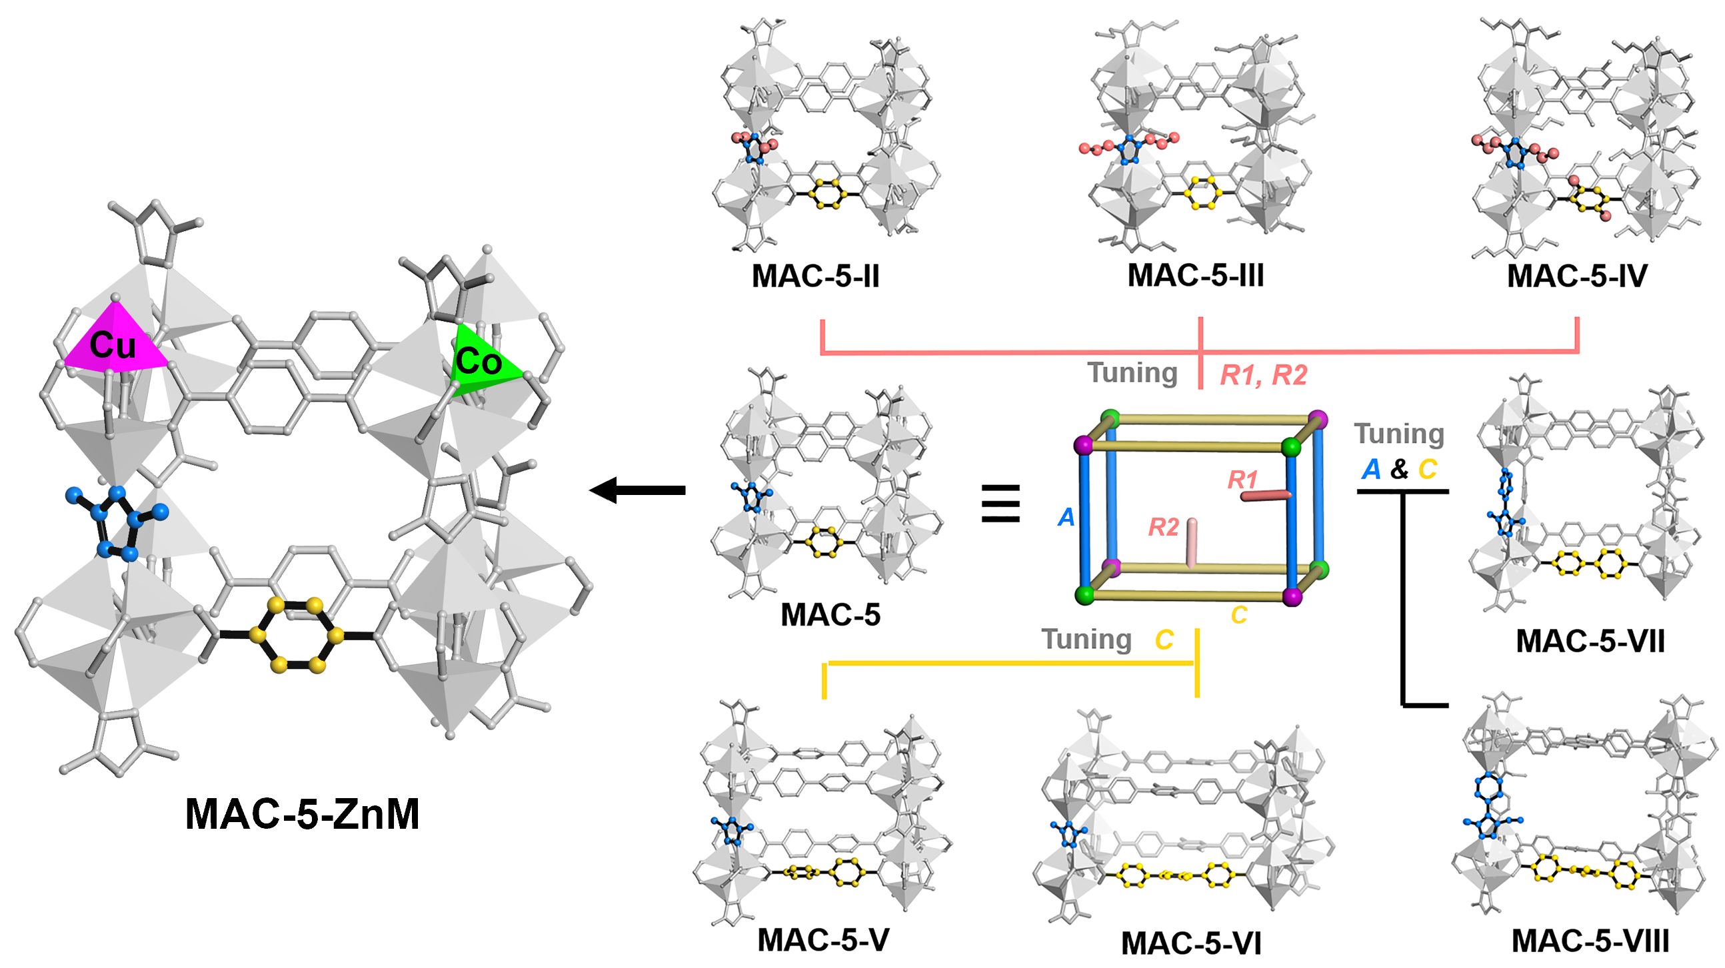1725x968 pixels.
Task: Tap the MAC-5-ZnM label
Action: click(302, 814)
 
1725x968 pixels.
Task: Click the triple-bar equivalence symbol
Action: click(1000, 504)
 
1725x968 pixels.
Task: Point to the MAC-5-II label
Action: click(815, 276)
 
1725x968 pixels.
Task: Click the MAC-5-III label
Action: click(1195, 275)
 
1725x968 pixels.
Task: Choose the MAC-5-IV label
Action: click(1577, 276)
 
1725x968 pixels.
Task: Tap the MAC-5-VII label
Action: click(1590, 641)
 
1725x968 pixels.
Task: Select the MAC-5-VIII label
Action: click(1590, 941)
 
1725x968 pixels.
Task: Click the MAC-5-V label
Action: click(823, 940)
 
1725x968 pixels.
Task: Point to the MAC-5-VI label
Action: click(1190, 943)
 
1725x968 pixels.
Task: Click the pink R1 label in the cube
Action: click(1242, 479)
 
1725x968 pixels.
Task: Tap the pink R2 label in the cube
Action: click(1163, 527)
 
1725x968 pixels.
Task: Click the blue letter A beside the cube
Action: click(1066, 517)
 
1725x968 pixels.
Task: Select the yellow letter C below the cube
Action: click(1239, 614)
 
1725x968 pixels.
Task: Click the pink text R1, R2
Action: click(1263, 374)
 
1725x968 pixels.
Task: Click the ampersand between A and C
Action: click(1399, 469)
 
